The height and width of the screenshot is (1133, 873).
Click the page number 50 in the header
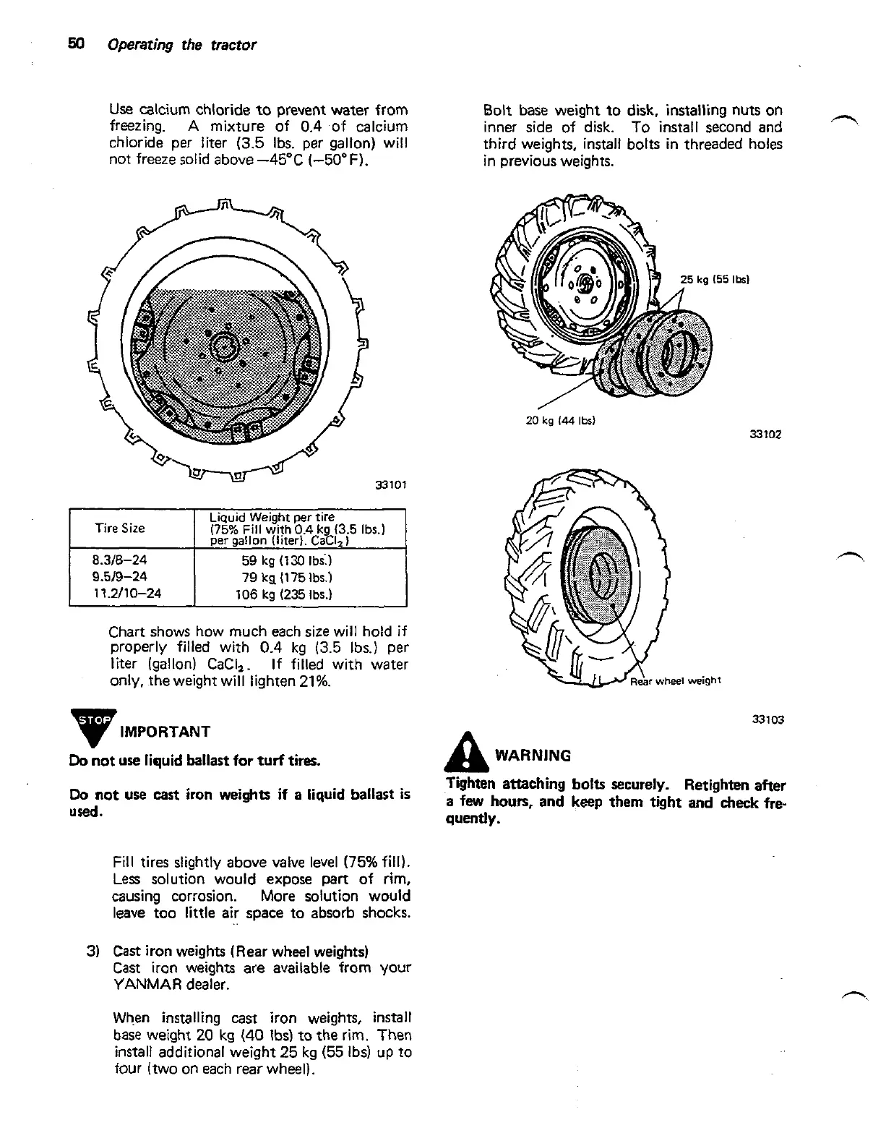coord(77,44)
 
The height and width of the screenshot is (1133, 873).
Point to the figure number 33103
coord(767,719)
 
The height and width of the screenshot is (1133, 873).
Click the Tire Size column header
coord(120,529)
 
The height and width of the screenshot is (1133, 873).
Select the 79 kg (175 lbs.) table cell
coord(287,577)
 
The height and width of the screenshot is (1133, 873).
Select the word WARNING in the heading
coord(533,756)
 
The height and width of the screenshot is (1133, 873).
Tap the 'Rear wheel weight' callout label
coord(676,680)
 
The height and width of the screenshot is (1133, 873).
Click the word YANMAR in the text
coord(147,984)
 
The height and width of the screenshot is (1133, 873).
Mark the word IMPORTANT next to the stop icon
coord(165,732)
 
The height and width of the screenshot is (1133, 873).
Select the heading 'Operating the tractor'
coord(181,45)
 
